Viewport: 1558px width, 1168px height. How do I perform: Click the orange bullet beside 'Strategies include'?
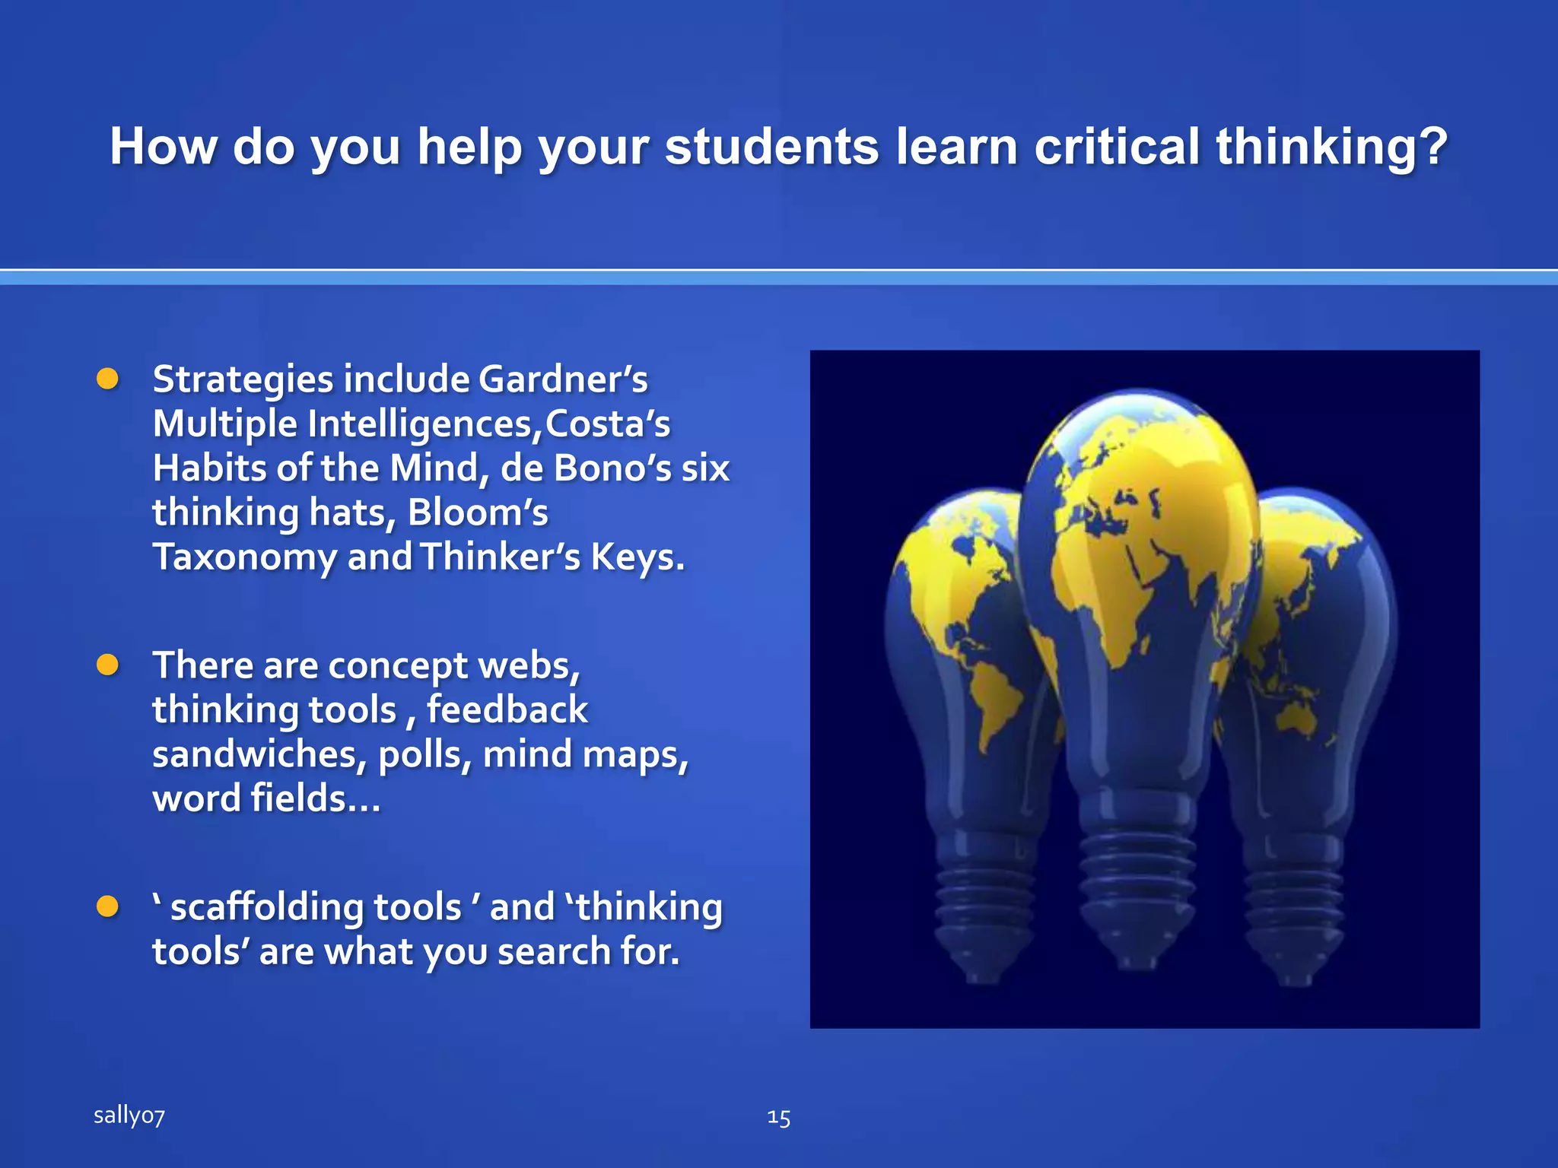[x=108, y=379]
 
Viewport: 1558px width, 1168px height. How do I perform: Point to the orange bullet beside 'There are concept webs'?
[x=108, y=665]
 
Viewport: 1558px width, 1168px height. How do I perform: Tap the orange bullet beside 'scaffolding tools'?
[x=108, y=906]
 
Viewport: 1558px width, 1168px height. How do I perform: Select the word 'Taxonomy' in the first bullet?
[x=244, y=557]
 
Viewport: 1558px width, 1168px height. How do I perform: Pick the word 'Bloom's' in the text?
[x=477, y=513]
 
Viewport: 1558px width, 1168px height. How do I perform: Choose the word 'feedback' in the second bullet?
[x=507, y=710]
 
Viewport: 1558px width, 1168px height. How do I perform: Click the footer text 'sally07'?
[x=129, y=1116]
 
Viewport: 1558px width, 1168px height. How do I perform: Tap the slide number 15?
[x=778, y=1117]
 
